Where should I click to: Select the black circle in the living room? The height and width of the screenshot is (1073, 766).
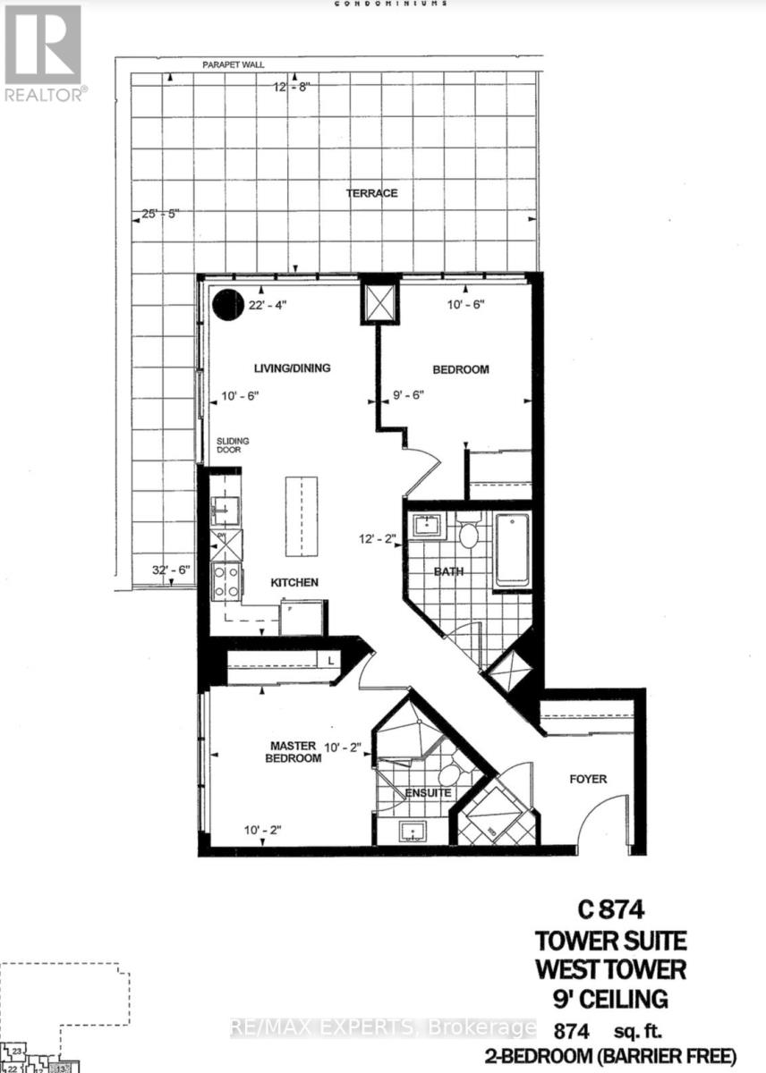pyautogui.click(x=227, y=306)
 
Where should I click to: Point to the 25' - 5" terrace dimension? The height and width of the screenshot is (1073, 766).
pyautogui.click(x=162, y=214)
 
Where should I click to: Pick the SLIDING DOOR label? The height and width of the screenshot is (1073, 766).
pyautogui.click(x=232, y=445)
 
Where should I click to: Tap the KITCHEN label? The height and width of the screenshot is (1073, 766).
pyautogui.click(x=294, y=582)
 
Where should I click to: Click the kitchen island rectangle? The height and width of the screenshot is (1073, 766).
pyautogui.click(x=302, y=506)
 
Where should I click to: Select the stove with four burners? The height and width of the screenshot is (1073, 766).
pyautogui.click(x=226, y=580)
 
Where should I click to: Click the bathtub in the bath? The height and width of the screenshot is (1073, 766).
pyautogui.click(x=512, y=551)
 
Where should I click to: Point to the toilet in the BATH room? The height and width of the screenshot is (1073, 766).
pyautogui.click(x=469, y=536)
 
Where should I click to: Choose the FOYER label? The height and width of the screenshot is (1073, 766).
pyautogui.click(x=588, y=779)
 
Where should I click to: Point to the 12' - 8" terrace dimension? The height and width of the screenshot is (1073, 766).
pyautogui.click(x=296, y=87)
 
